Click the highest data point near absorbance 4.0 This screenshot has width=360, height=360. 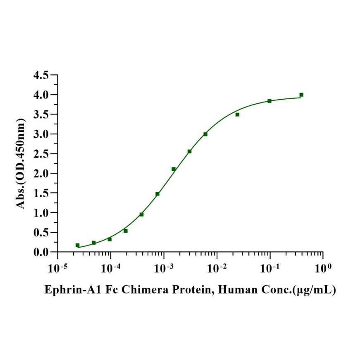(x=301, y=95)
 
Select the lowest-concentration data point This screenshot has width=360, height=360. (x=77, y=245)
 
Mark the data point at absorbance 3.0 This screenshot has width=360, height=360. (x=205, y=134)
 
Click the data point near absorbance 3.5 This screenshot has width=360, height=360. (x=237, y=114)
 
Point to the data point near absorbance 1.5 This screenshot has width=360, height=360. (x=157, y=194)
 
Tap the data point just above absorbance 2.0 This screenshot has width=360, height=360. (x=174, y=169)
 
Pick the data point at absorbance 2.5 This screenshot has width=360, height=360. (x=189, y=151)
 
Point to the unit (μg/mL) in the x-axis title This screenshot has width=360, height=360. (x=314, y=290)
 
